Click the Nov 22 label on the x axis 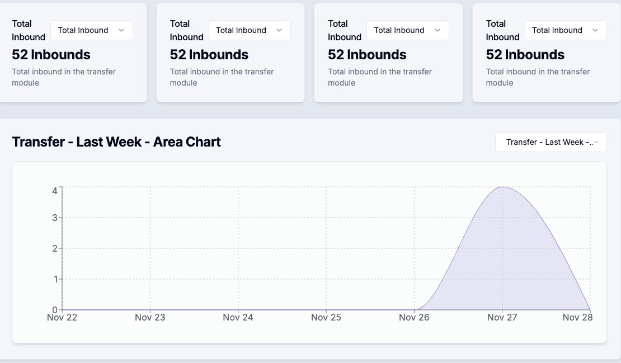[62, 317]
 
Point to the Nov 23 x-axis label [150, 317]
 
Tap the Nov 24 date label [238, 317]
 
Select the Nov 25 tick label [326, 317]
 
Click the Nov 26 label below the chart [414, 317]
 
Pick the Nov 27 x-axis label [502, 317]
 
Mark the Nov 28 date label [577, 317]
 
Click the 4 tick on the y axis [55, 191]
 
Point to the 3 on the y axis [55, 218]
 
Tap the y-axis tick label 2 [55, 248]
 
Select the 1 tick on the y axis [55, 279]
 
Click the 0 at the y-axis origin [55, 310]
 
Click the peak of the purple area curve [502, 187]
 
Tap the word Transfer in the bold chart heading [38, 142]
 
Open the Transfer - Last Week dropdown [551, 142]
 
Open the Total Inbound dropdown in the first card [91, 30]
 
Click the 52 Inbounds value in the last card [525, 55]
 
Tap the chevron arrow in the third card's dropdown [437, 30]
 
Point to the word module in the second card [184, 83]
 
